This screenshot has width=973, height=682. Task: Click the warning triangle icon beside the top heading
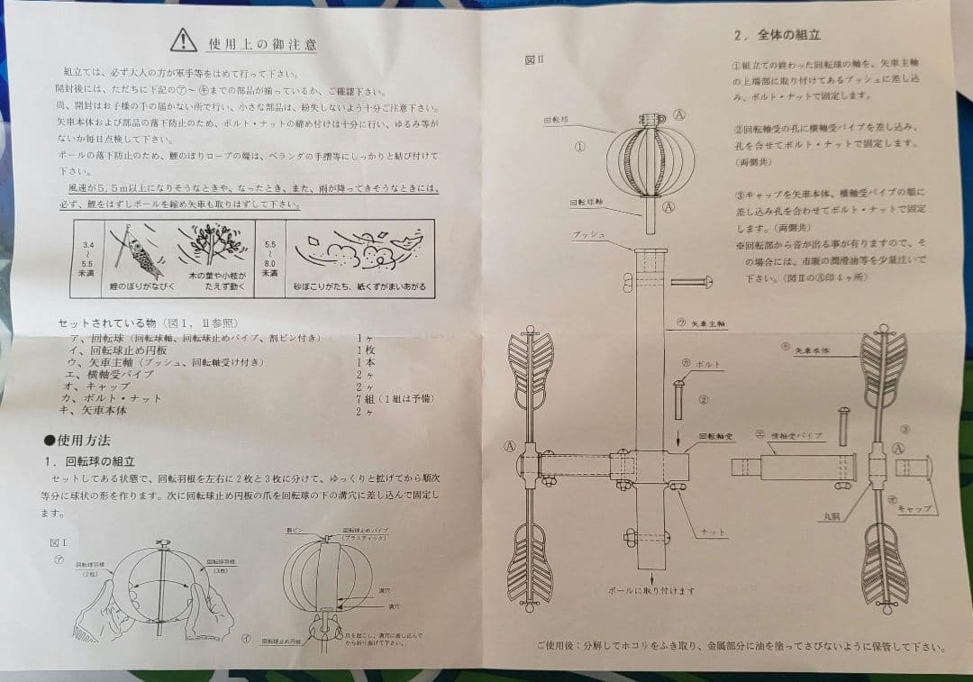183,40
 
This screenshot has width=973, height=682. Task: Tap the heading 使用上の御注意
262,43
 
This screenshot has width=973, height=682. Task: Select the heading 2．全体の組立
777,35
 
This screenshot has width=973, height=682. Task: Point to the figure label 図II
535,60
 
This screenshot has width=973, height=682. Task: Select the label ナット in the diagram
714,532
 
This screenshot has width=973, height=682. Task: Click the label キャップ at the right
914,508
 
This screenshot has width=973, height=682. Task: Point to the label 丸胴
831,517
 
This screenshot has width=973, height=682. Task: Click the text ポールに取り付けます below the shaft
650,591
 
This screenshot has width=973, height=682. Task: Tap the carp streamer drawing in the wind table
137,251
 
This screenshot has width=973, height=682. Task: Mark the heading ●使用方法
77,441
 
